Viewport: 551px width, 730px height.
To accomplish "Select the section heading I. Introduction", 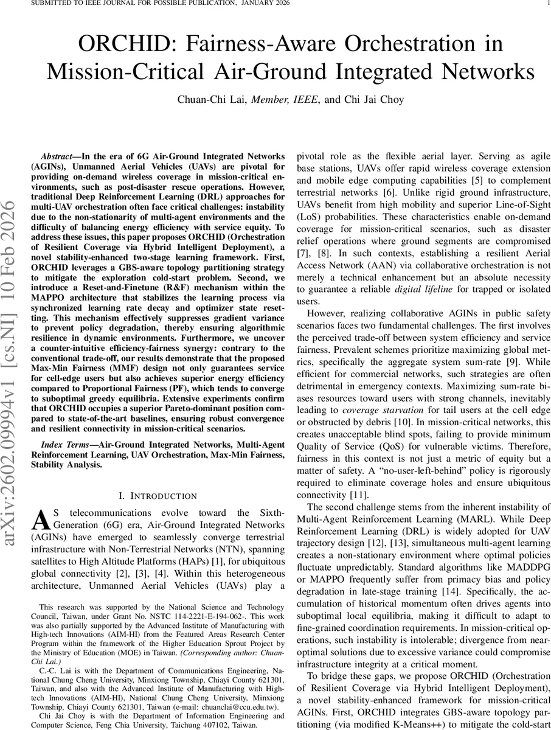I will point(158,496).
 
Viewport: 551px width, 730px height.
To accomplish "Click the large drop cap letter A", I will point(40,518).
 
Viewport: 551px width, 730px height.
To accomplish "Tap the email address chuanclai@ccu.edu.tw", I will point(243,707).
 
